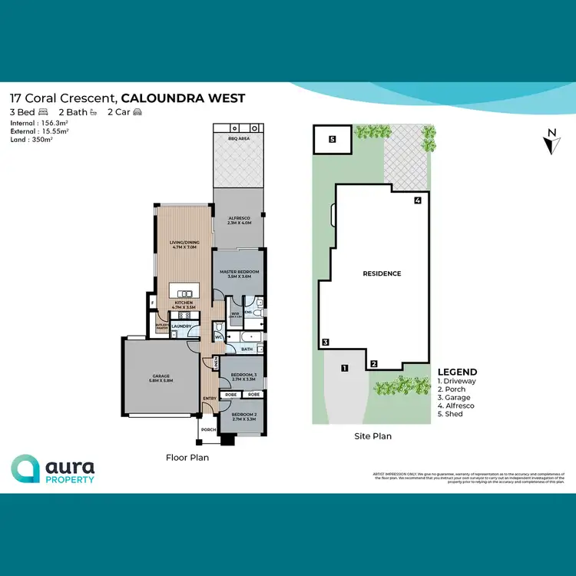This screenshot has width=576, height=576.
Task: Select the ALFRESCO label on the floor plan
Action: [x=240, y=220]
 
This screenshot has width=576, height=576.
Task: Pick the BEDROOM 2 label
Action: [x=241, y=415]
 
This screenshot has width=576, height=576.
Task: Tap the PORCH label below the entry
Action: [x=207, y=430]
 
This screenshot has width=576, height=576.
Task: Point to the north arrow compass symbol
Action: [x=551, y=143]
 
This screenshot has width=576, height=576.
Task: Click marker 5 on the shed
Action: [x=332, y=140]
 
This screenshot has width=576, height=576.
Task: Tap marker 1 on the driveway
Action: [x=345, y=369]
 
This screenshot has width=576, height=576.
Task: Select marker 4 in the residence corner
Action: [x=417, y=201]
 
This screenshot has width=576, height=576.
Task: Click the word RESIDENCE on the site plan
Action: [x=382, y=273]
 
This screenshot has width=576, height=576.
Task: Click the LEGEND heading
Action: [x=457, y=372]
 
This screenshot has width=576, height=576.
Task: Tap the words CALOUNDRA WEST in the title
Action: [x=184, y=98]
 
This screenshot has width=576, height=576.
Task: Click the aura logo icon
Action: [x=25, y=468]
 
